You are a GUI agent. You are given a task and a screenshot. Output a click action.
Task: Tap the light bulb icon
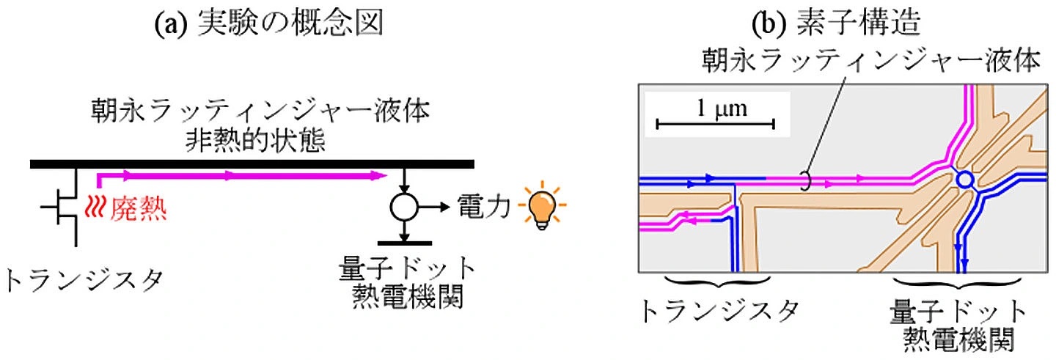tap(541, 208)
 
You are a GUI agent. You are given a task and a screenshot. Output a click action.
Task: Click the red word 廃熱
tap(139, 210)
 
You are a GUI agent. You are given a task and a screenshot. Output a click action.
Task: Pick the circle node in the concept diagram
tap(403, 208)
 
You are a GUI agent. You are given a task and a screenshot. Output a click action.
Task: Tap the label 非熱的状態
tap(249, 137)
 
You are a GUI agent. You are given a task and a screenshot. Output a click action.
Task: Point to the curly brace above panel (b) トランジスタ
tap(716, 282)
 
